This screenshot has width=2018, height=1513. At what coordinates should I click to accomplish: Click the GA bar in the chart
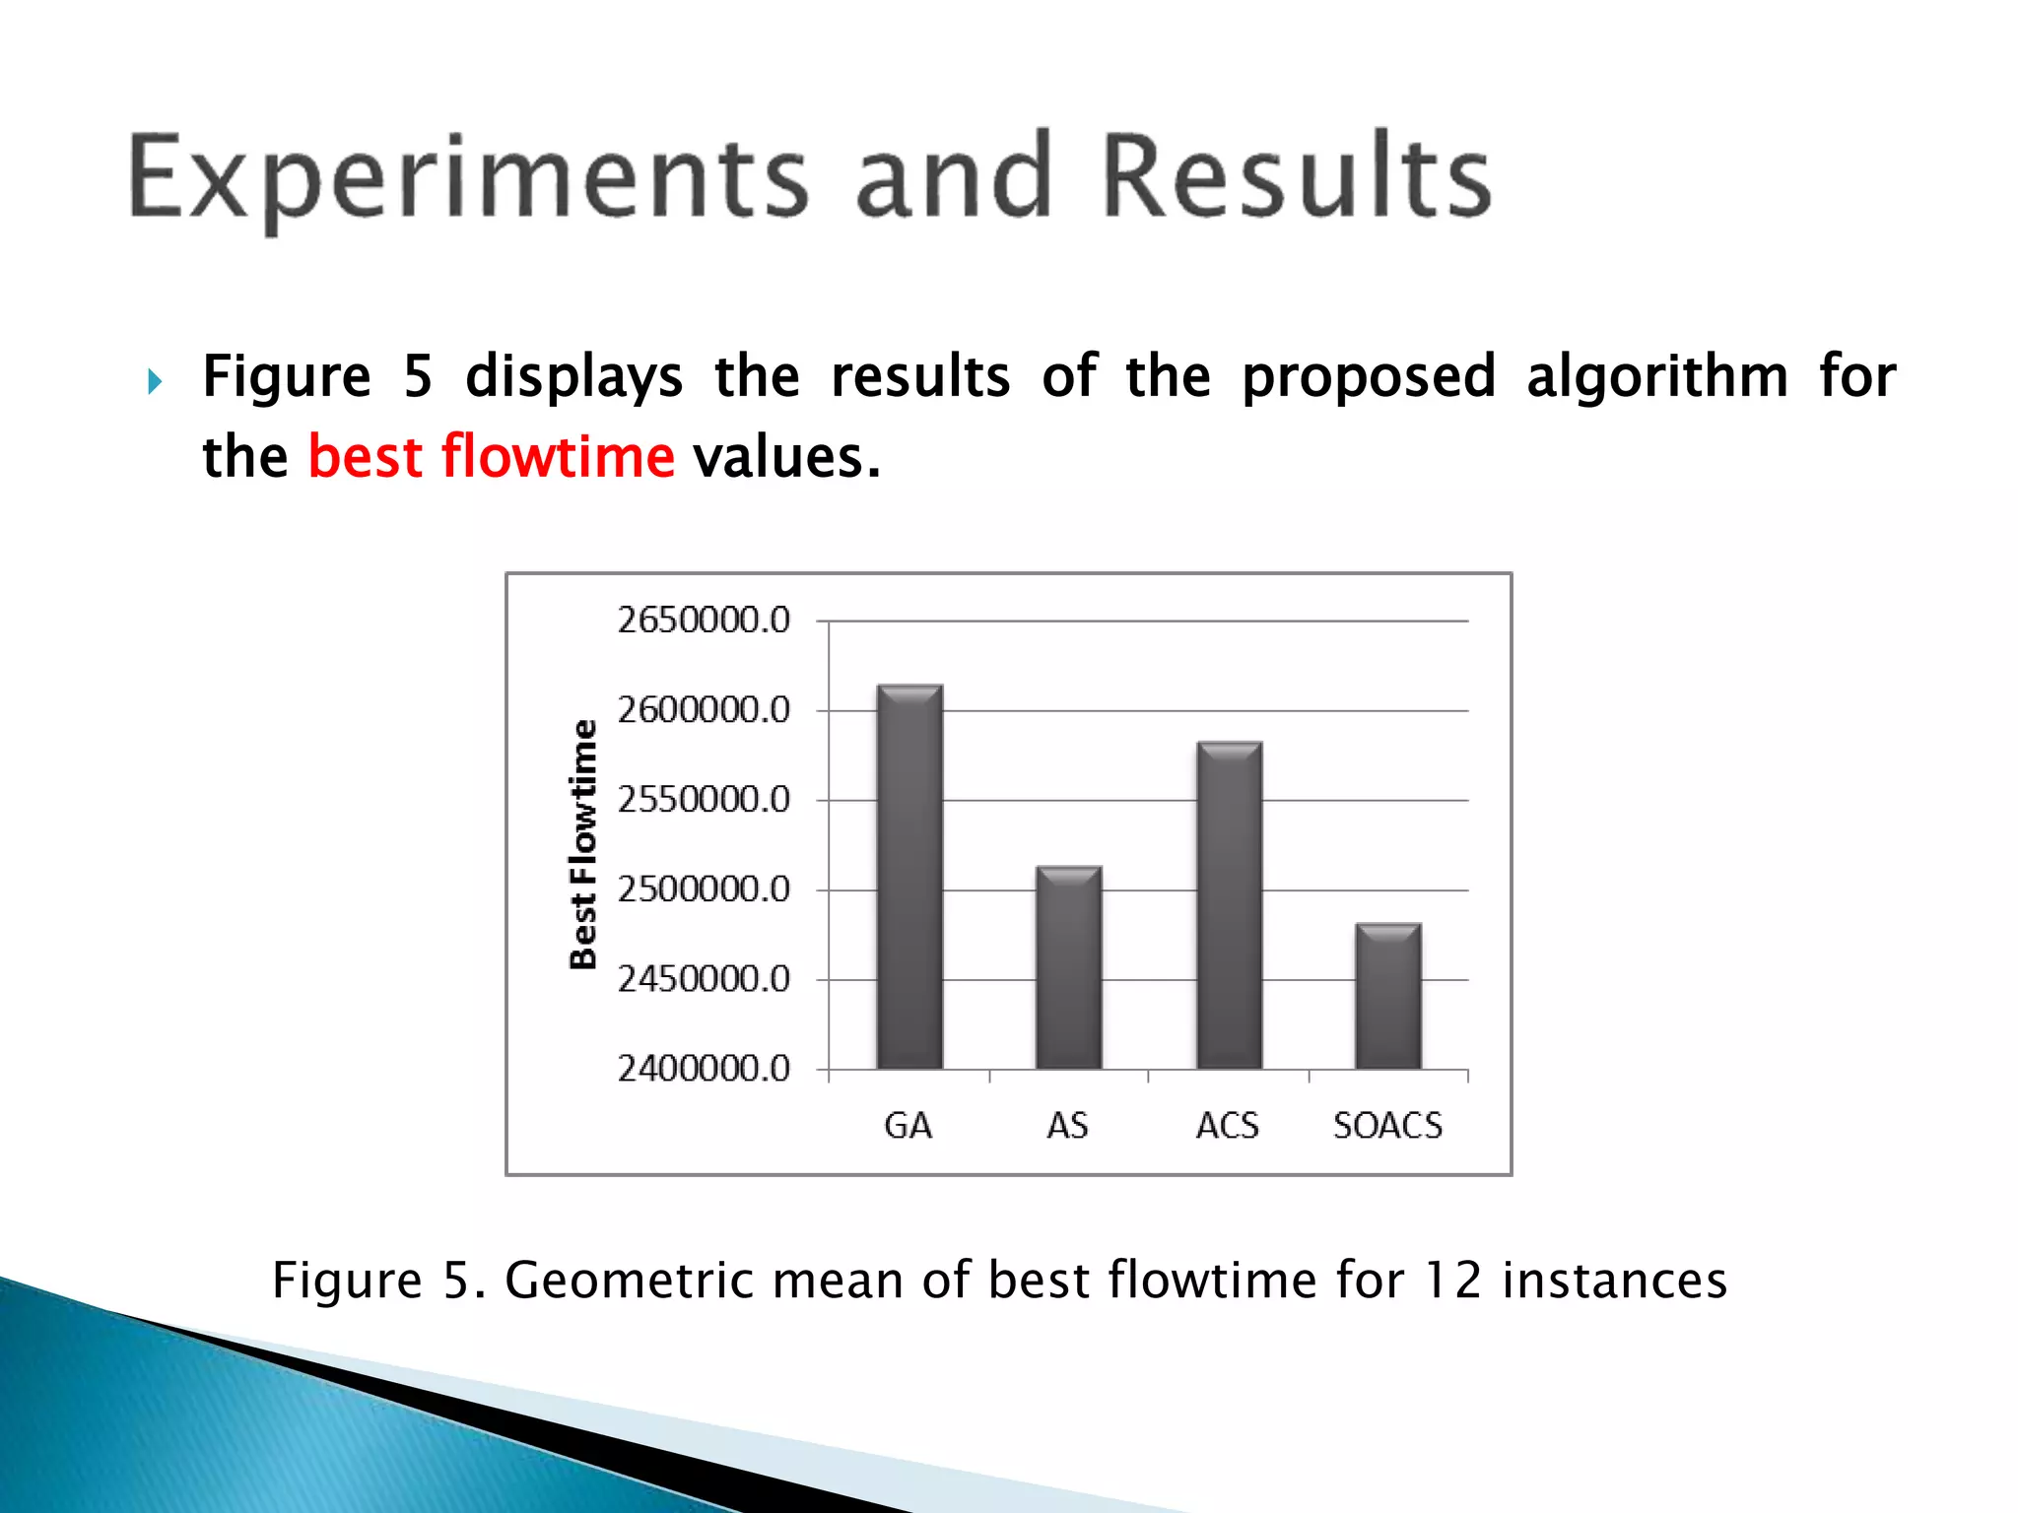point(909,877)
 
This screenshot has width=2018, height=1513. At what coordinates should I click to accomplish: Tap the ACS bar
point(1229,905)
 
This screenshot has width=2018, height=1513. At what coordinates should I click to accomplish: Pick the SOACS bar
point(1387,996)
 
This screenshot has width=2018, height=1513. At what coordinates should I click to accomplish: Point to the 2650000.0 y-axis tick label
point(704,621)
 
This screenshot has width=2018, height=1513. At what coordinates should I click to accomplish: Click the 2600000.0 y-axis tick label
point(704,710)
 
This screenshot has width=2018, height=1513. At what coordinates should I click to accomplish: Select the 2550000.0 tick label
point(704,800)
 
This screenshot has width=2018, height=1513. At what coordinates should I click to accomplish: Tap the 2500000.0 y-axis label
point(704,889)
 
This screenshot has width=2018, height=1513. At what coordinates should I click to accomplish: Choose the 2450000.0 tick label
point(704,979)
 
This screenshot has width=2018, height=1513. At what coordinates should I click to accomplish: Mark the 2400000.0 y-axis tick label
point(704,1069)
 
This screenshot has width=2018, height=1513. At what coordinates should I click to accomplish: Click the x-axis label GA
point(908,1125)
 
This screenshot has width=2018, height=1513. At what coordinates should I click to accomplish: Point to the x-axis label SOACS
point(1387,1125)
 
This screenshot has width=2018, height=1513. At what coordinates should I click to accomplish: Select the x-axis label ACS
point(1228,1125)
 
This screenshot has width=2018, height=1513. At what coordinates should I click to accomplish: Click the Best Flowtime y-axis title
point(583,844)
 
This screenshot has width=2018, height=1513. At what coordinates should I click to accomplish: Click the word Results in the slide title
point(1296,177)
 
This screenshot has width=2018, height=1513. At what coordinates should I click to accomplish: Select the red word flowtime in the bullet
point(558,457)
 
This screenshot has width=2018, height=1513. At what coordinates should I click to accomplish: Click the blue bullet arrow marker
point(155,380)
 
